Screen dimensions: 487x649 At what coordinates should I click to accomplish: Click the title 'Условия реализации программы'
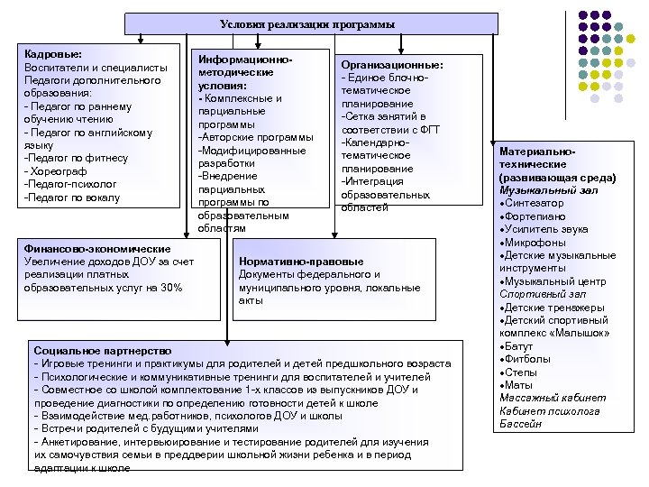coord(307,23)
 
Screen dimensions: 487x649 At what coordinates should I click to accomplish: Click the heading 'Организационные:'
coord(391,66)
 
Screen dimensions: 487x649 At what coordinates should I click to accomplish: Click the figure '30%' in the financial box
coord(169,288)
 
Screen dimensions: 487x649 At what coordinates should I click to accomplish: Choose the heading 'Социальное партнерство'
coord(102,349)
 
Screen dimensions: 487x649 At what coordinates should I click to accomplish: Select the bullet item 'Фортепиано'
coord(537,217)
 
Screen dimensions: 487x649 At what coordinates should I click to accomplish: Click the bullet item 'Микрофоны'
coord(535,243)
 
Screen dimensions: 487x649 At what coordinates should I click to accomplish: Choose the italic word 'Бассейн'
coord(520,424)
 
